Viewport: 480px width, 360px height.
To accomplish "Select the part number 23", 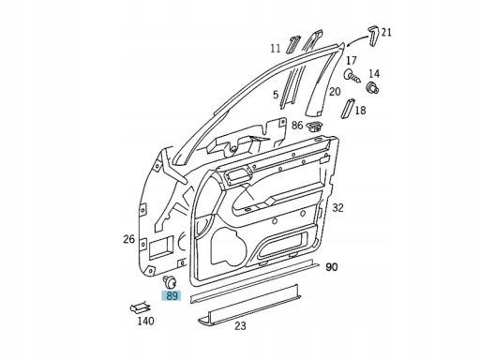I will [241, 327].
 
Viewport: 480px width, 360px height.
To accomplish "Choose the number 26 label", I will [128, 239].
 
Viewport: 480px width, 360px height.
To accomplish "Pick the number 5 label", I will [275, 95].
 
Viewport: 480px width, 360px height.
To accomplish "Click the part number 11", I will [275, 48].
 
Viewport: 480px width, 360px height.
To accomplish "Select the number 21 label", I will [386, 33].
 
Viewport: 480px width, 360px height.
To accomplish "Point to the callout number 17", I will [352, 60].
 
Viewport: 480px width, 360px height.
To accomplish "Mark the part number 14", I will [374, 73].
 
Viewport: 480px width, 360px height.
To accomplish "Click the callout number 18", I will [359, 110].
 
